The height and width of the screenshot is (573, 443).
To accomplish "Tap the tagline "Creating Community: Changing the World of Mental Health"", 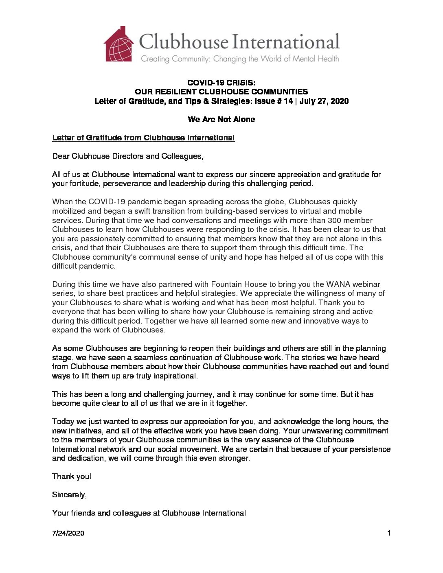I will click(x=239, y=59).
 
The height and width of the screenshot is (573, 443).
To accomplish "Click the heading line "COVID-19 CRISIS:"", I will click(x=221, y=83).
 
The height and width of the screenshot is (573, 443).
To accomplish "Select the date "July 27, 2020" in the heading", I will click(x=324, y=101).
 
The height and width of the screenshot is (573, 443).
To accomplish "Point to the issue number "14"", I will click(x=288, y=101).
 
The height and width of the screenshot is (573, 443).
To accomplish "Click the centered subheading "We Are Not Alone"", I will click(x=221, y=119).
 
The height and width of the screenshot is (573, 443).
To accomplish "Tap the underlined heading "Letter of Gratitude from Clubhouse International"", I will click(x=143, y=138).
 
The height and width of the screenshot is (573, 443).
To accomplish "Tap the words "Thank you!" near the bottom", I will click(x=72, y=476).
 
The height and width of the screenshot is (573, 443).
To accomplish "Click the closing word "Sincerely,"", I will click(x=69, y=494).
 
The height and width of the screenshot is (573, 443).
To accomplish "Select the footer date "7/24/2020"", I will click(x=68, y=533).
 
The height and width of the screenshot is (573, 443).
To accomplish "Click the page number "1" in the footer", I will click(x=389, y=533).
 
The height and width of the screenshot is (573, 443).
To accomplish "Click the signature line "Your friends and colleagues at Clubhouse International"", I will click(x=149, y=513).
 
